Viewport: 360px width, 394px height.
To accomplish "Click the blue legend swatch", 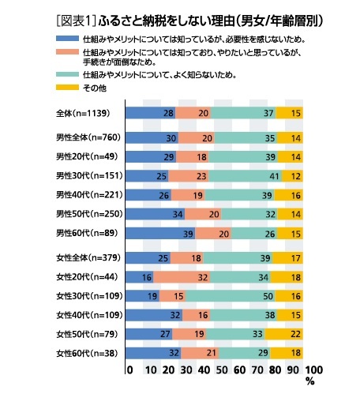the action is tap(67, 39).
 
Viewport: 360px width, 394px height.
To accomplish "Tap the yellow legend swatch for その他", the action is tap(67, 88).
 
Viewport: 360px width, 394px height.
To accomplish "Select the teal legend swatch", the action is tap(67, 74).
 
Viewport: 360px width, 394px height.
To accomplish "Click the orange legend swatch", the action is tap(67, 52).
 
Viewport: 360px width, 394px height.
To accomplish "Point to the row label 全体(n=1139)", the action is tap(83, 113).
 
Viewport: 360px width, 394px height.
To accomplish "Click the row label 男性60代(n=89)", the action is tap(87, 233).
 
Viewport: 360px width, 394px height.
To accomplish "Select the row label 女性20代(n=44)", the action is tap(87, 277).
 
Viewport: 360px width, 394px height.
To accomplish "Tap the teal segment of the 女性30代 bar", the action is tap(231, 296).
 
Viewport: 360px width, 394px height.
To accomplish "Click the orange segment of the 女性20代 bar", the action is tap(182, 277).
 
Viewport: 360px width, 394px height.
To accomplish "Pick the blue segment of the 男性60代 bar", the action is tap(160, 234).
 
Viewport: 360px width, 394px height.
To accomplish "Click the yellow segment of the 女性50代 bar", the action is tap(283, 334).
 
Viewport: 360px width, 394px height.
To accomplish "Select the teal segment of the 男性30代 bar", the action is tap(246, 176).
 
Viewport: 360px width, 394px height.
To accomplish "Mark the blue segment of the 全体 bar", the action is tap(151, 113).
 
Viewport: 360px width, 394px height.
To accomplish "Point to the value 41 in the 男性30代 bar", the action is tap(274, 176).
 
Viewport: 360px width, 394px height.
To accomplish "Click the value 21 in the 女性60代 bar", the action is tap(211, 353).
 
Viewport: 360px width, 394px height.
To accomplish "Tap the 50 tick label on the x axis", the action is tap(222, 370).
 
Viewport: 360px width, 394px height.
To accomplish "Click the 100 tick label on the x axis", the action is tap(313, 370).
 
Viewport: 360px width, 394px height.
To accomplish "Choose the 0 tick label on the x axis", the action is tap(129, 370).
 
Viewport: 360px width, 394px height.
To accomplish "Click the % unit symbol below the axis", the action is tap(310, 381).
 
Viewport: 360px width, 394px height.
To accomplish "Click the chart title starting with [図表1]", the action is tap(189, 21).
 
